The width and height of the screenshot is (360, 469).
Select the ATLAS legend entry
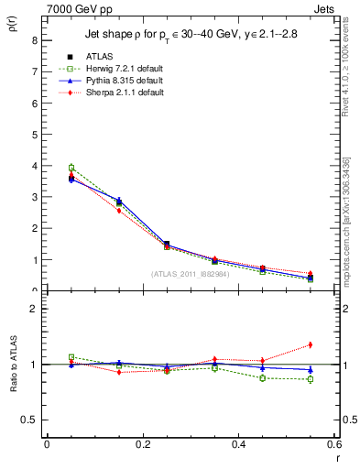[98, 58]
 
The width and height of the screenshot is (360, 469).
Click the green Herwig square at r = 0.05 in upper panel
[71, 168]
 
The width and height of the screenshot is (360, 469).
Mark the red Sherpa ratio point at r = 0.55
[311, 344]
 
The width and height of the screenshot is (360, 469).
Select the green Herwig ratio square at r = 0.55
[311, 379]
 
